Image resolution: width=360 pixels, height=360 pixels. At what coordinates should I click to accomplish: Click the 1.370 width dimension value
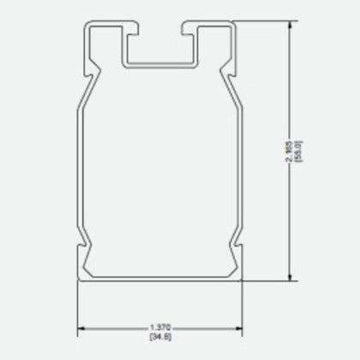click(160, 327)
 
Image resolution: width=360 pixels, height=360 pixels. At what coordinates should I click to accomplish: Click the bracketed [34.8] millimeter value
click(160, 335)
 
